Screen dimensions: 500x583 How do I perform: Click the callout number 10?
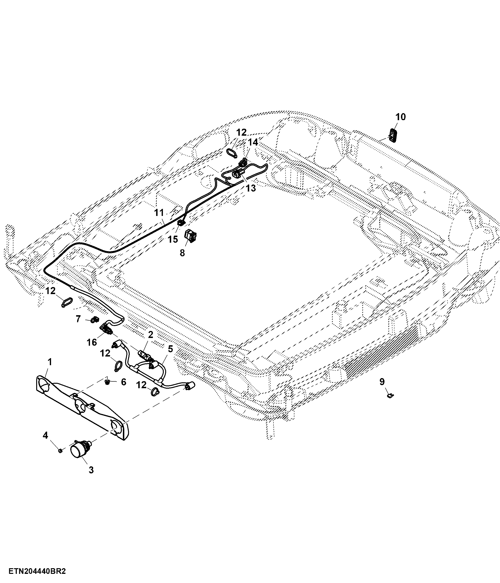click(401, 117)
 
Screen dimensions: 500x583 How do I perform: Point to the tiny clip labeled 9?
click(390, 395)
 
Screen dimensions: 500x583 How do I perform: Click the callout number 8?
click(182, 253)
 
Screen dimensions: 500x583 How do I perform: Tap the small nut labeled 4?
click(60, 450)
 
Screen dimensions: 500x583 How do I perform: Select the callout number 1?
click(50, 362)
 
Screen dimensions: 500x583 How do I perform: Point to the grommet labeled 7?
click(95, 320)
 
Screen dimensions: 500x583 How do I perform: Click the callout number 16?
click(92, 342)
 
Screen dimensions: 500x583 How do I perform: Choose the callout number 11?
click(159, 212)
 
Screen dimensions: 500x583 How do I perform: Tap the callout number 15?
click(173, 239)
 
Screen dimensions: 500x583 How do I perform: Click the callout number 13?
click(251, 188)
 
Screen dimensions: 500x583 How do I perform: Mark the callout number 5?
click(170, 349)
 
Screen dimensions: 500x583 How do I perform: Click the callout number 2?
click(151, 334)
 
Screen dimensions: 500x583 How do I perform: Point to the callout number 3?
click(91, 470)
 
